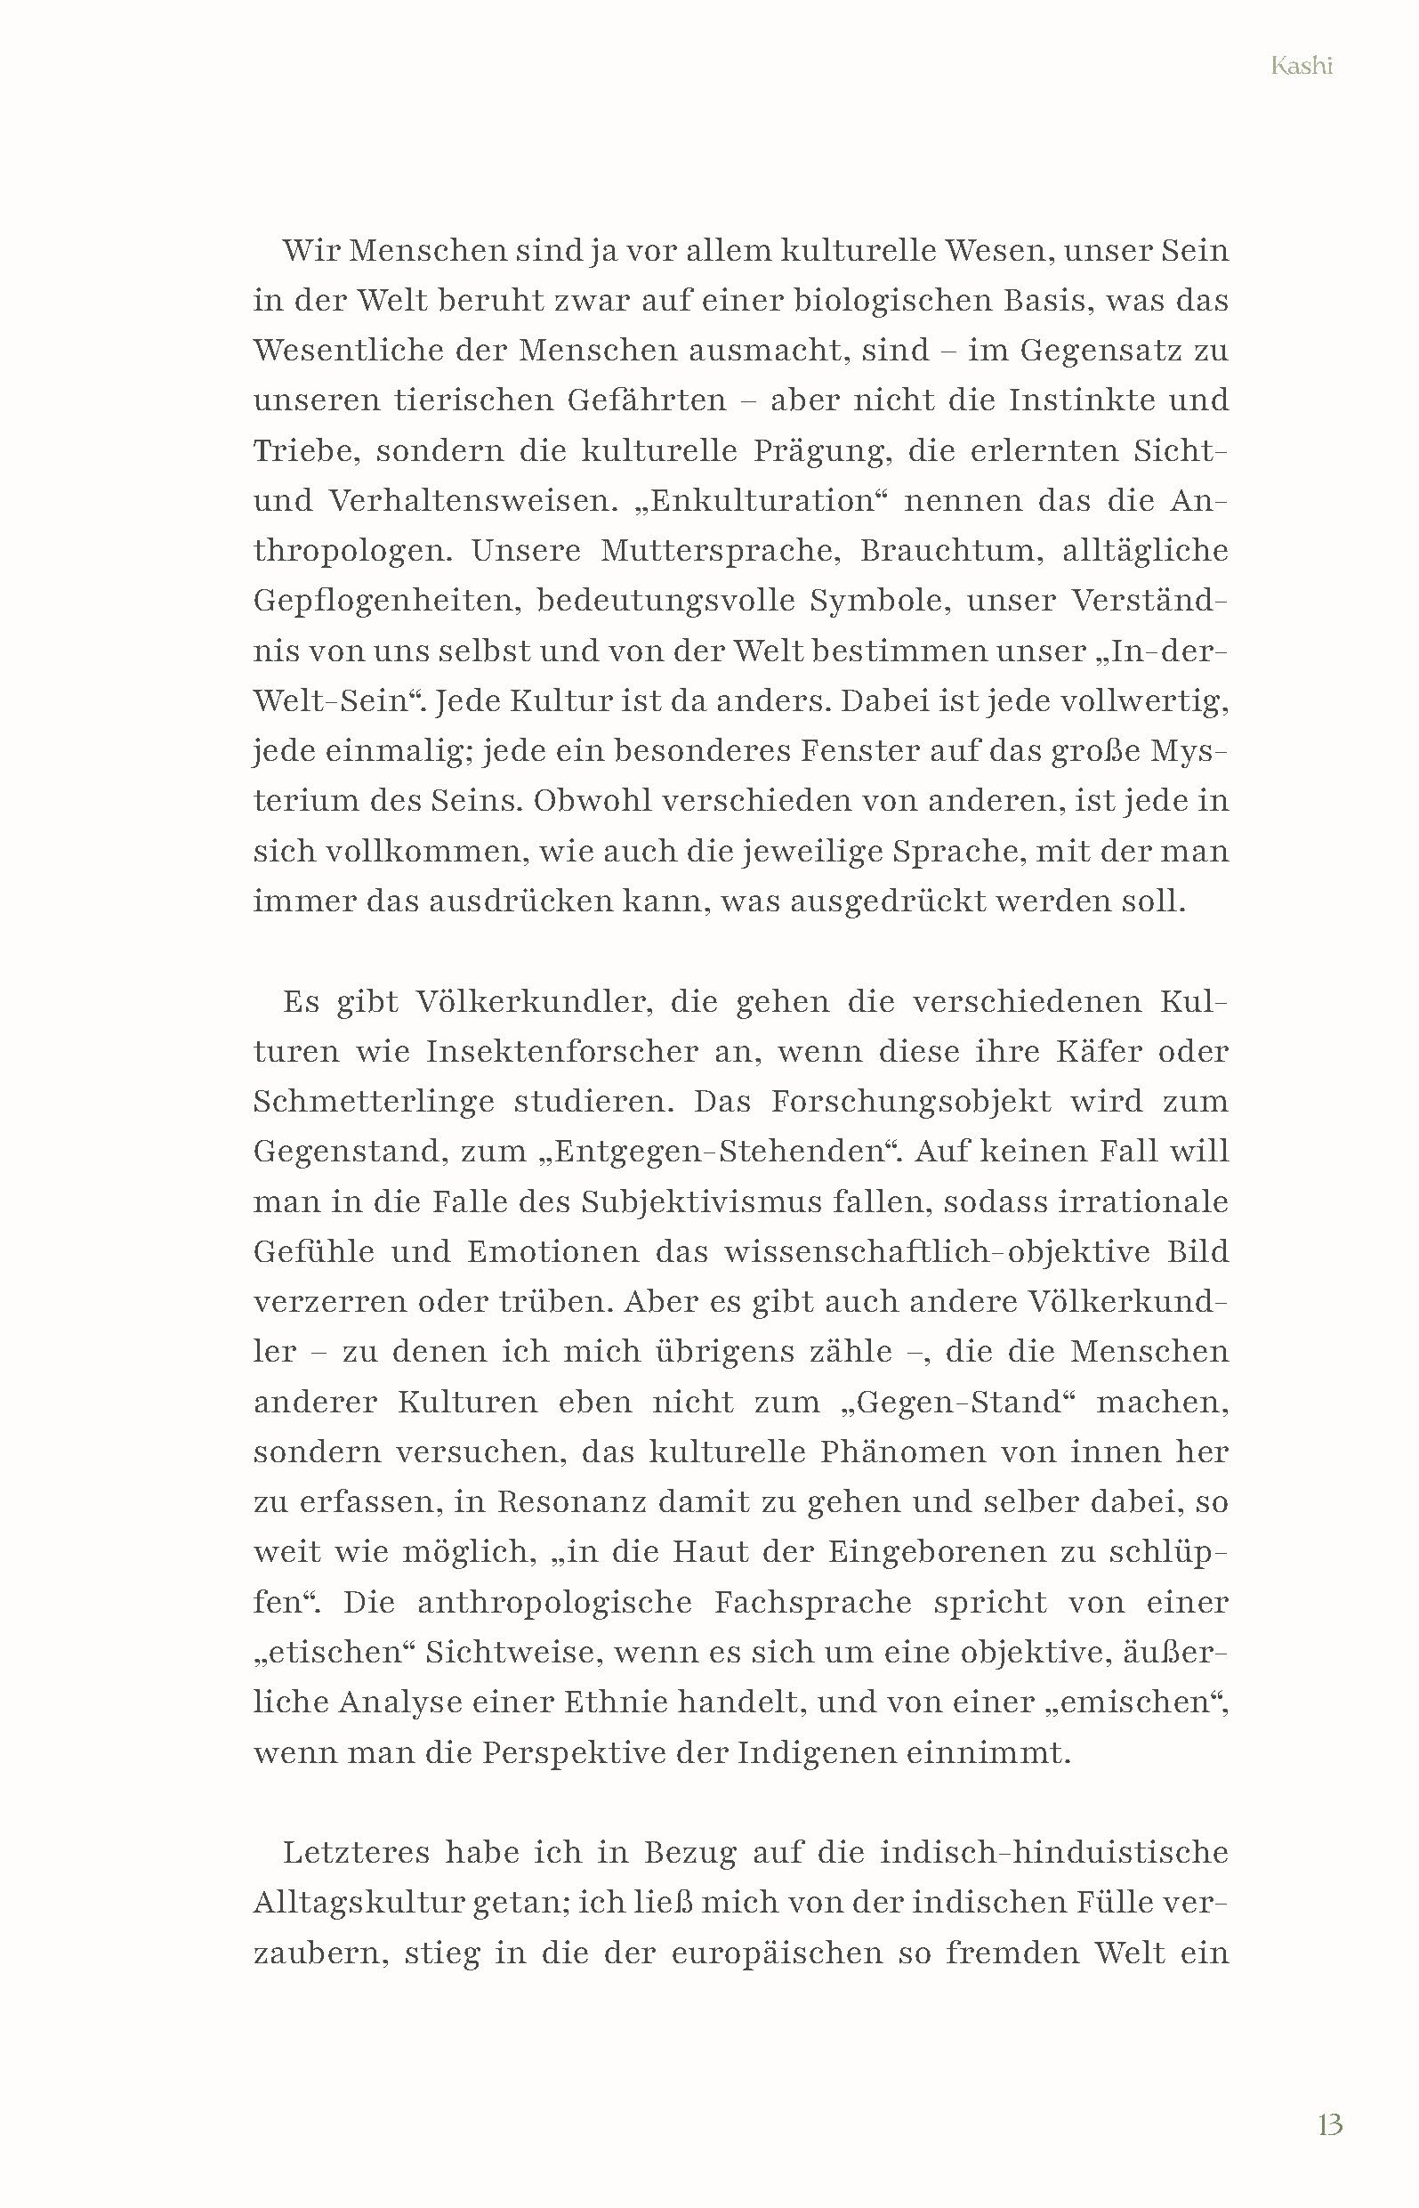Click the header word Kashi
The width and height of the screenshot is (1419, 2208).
(x=1301, y=67)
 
